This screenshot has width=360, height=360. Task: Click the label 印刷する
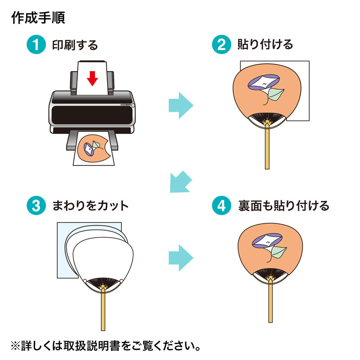pyautogui.click(x=75, y=45)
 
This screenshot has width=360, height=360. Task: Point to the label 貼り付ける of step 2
pyautogui.click(x=265, y=45)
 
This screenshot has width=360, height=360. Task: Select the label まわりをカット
pyautogui.click(x=90, y=206)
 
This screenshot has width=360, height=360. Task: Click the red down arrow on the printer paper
pyautogui.click(x=92, y=79)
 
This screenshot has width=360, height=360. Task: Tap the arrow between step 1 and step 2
pyautogui.click(x=180, y=106)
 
